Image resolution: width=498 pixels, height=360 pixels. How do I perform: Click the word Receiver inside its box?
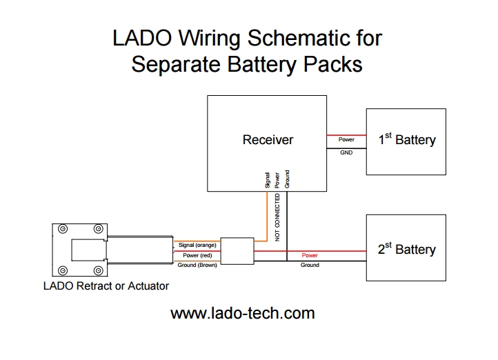(268, 140)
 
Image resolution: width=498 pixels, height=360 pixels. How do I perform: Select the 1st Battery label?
(407, 139)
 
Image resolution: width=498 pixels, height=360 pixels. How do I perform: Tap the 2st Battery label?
(407, 249)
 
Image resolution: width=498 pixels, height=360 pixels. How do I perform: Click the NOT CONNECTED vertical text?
(278, 217)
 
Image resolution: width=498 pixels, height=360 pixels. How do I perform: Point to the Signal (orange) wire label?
(197, 245)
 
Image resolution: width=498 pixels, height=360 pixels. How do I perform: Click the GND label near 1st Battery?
(346, 152)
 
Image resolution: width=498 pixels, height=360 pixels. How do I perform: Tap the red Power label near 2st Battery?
(310, 255)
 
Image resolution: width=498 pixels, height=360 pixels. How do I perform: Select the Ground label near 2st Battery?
(310, 265)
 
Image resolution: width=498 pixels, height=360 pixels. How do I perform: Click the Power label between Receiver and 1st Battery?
(346, 139)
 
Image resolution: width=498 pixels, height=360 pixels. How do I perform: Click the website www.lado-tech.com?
(242, 313)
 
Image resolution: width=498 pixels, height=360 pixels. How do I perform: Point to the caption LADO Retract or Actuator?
(106, 286)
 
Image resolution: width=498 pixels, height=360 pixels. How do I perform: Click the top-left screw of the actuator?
(63, 229)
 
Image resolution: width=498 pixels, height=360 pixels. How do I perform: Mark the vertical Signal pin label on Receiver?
(268, 180)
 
